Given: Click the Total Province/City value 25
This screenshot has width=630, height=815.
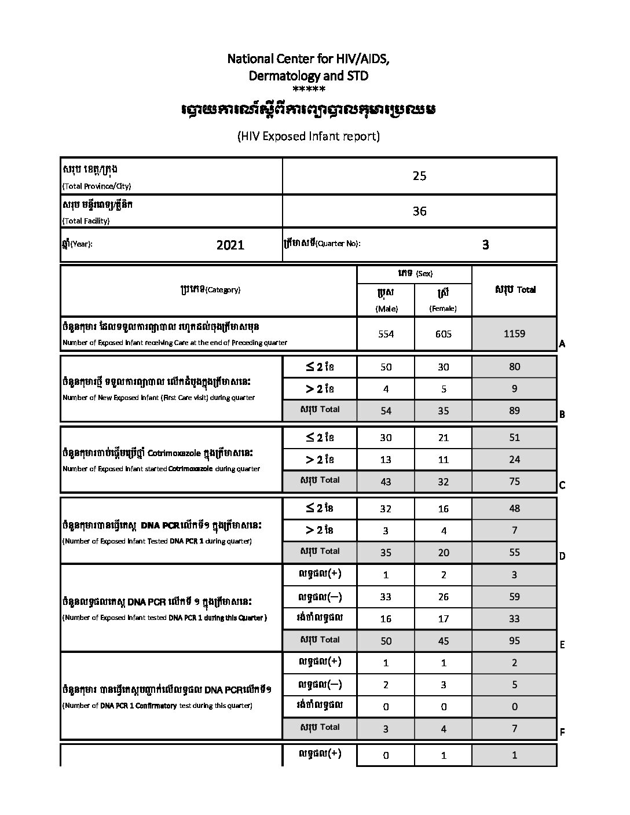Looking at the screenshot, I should pyautogui.click(x=419, y=176).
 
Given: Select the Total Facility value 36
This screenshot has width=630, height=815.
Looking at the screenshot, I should pyautogui.click(x=419, y=211).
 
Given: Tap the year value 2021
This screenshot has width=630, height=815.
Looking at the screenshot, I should pyautogui.click(x=230, y=245).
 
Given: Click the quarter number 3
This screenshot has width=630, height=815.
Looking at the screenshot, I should pyautogui.click(x=485, y=245).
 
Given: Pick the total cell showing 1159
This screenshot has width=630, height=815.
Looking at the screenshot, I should pyautogui.click(x=514, y=333).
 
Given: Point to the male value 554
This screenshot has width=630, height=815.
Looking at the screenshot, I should pyautogui.click(x=386, y=334).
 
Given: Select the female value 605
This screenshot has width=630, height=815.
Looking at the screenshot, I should pyautogui.click(x=443, y=334).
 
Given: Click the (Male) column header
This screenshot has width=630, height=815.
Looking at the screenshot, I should pyautogui.click(x=386, y=309).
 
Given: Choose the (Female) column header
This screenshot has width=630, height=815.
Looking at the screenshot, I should pyautogui.click(x=443, y=309).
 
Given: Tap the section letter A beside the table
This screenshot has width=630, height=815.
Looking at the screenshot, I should pyautogui.click(x=562, y=344).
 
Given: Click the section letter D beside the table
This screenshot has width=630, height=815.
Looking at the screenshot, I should pyautogui.click(x=562, y=557).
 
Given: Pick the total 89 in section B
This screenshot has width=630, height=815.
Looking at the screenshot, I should pyautogui.click(x=514, y=410).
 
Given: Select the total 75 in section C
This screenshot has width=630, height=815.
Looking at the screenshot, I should pyautogui.click(x=514, y=481).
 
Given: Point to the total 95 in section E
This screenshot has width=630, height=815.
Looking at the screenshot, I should pyautogui.click(x=514, y=641).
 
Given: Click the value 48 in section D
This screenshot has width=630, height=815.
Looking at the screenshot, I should pyautogui.click(x=514, y=508).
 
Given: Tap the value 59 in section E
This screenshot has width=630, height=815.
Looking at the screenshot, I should pyautogui.click(x=514, y=597).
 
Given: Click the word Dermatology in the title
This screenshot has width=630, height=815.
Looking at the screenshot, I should pyautogui.click(x=276, y=76).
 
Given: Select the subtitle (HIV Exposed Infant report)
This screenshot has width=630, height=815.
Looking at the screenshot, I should pyautogui.click(x=308, y=137).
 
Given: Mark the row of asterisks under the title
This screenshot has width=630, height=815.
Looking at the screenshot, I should pyautogui.click(x=309, y=90).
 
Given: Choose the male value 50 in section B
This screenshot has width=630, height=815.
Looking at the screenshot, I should pyautogui.click(x=386, y=366).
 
